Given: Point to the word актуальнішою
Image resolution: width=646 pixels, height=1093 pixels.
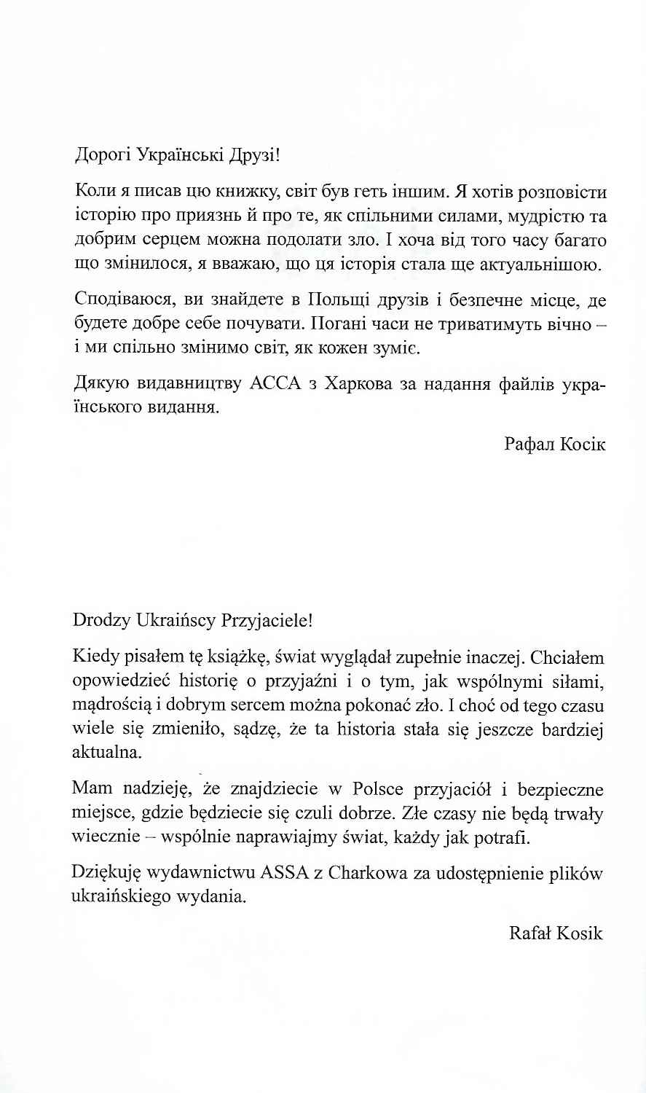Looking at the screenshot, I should (x=540, y=265).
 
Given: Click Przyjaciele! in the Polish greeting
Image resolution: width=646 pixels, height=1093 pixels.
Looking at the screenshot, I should (x=270, y=622).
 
